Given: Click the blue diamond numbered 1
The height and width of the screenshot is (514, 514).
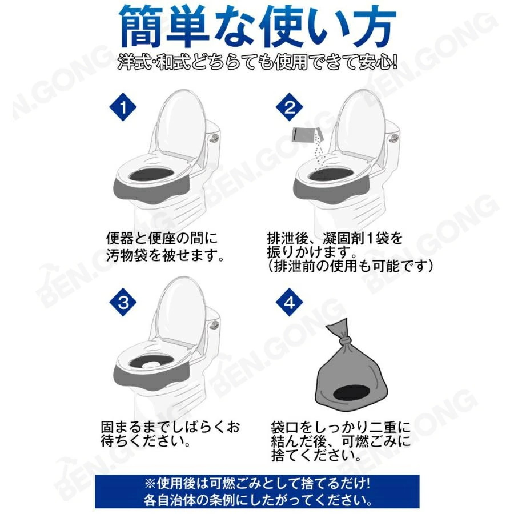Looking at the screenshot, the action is click(123, 107).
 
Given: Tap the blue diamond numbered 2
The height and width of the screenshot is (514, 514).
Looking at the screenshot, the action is click(290, 107).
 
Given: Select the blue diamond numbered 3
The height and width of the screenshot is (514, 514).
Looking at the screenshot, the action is click(123, 302).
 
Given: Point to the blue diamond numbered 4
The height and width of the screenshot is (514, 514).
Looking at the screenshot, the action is click(290, 302).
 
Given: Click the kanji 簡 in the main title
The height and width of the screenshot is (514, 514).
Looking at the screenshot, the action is click(142, 27).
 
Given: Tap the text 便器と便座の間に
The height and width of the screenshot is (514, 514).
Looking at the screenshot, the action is click(162, 238).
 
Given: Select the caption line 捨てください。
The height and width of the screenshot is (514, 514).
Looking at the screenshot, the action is click(316, 455).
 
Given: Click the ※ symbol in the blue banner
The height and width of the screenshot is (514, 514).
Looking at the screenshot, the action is click(150, 484).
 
